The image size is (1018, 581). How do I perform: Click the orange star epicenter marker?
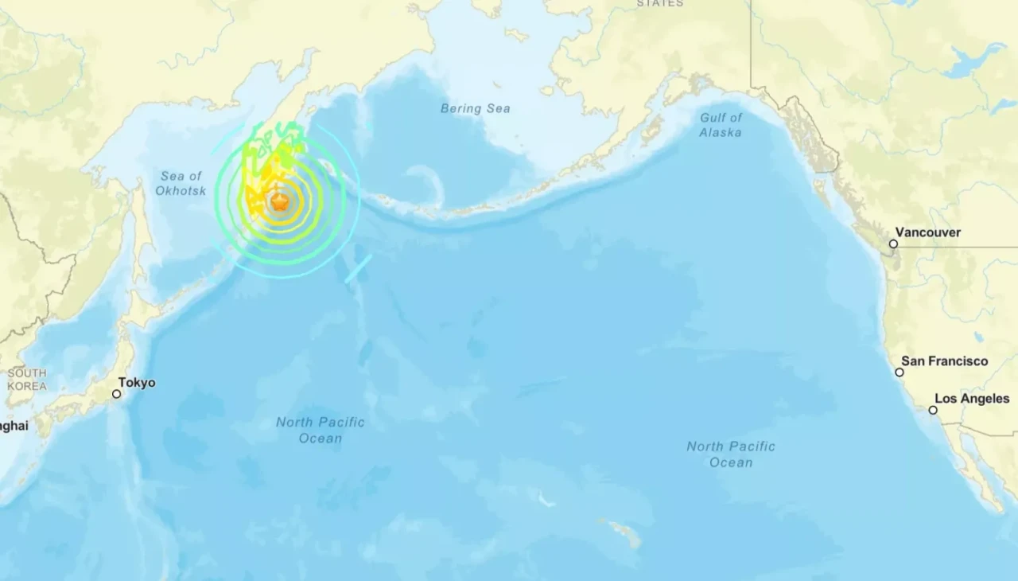(x=279, y=202)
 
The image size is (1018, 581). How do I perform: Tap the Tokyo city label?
(x=138, y=383)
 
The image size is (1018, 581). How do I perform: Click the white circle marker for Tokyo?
(x=117, y=394)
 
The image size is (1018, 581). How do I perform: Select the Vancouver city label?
(x=931, y=232)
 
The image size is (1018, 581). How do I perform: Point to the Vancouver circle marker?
(x=893, y=244)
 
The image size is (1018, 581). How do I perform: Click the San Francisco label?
(x=945, y=361)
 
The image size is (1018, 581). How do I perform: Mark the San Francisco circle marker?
(x=899, y=372)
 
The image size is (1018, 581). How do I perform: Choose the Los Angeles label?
(x=972, y=399)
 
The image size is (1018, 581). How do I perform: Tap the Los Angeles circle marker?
(x=933, y=411)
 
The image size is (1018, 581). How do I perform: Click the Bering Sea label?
(x=476, y=108)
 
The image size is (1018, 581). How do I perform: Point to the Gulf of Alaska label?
(x=721, y=125)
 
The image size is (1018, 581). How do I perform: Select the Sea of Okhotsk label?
(x=181, y=183)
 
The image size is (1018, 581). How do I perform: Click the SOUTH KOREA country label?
(x=27, y=380)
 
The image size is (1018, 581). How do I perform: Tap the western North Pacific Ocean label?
(x=321, y=430)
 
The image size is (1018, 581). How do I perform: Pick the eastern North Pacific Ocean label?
(x=731, y=454)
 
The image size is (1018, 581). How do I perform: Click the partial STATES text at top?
(x=660, y=3)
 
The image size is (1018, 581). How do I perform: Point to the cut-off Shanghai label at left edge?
(x=14, y=426)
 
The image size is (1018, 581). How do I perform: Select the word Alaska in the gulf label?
(x=721, y=132)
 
